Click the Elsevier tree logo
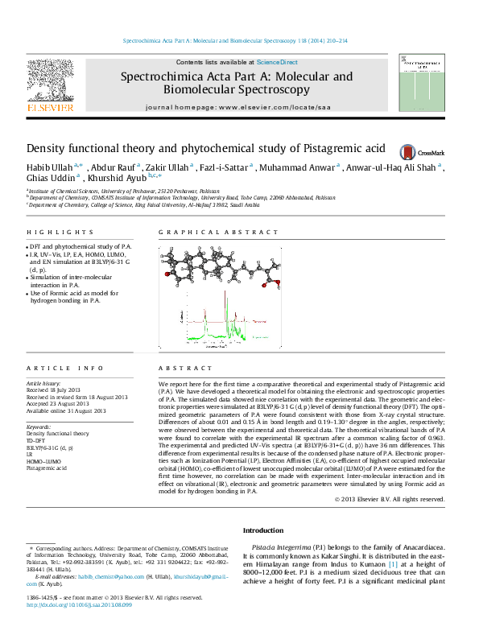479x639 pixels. point(51,80)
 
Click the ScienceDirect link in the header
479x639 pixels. point(277,62)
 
